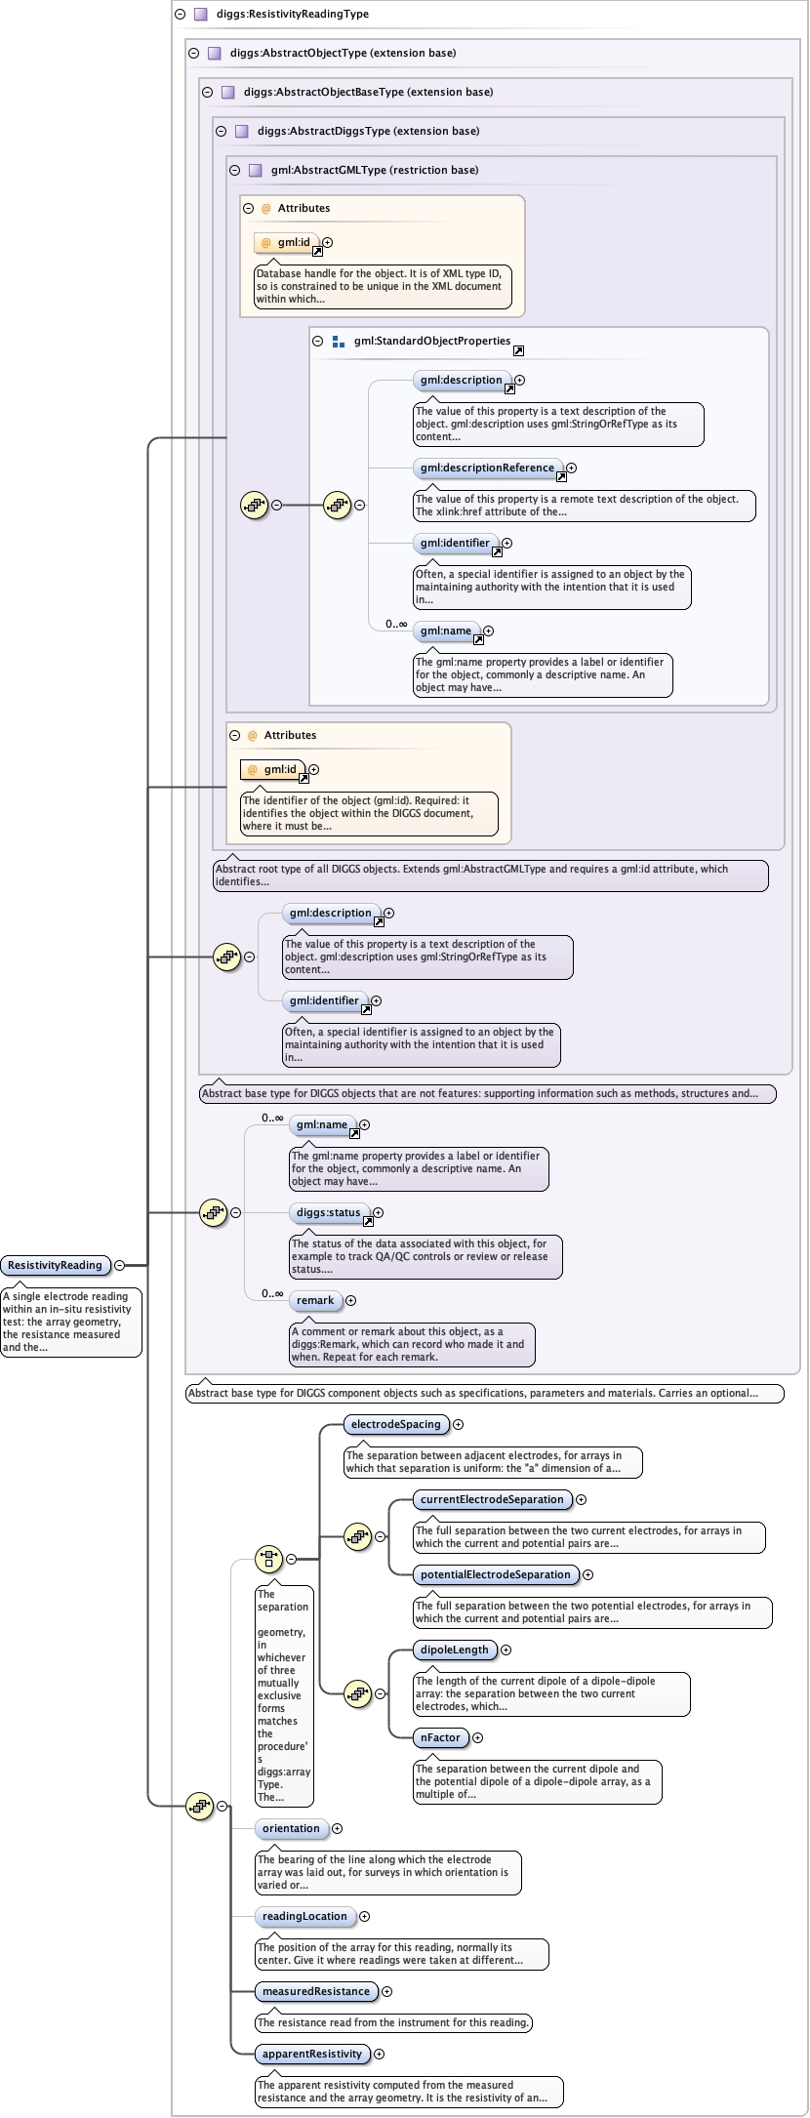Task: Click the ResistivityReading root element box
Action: (56, 1266)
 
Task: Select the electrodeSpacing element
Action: (396, 1425)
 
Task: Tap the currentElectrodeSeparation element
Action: (493, 1500)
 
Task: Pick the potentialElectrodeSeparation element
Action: (496, 1575)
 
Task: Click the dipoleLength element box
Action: (455, 1650)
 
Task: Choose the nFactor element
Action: (441, 1738)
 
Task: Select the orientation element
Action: (291, 1829)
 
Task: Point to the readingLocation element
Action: (304, 1917)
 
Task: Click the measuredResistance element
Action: (316, 1992)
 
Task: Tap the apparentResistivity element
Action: (312, 2055)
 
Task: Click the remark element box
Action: (315, 1301)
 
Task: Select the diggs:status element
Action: (329, 1213)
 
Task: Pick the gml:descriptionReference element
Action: (488, 468)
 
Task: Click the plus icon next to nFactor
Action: (477, 1738)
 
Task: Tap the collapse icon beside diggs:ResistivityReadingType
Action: (180, 15)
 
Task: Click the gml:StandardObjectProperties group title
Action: (432, 342)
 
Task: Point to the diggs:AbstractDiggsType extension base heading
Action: (369, 131)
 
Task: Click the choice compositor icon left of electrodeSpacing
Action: (268, 1560)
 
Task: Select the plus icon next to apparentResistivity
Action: (380, 2055)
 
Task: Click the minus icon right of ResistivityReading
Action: (120, 1266)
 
